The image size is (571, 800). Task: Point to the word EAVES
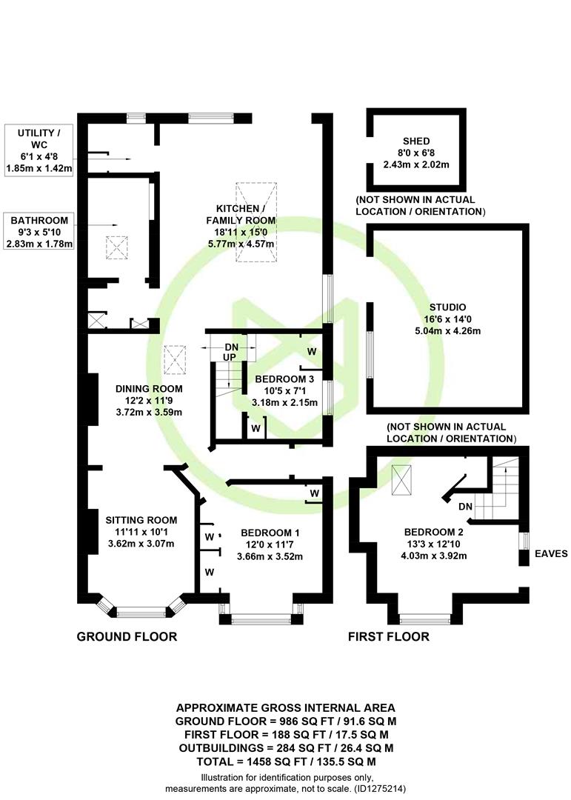(551, 553)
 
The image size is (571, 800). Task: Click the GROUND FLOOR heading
(127, 636)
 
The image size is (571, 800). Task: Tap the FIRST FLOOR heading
(388, 636)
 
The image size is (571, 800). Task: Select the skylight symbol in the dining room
(175, 360)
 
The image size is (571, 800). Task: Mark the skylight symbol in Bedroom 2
(401, 480)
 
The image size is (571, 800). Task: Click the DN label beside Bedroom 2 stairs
(465, 507)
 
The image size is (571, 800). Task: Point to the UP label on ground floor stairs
(230, 357)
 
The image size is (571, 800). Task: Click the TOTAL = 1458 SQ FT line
(287, 761)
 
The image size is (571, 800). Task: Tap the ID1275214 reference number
(380, 789)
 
